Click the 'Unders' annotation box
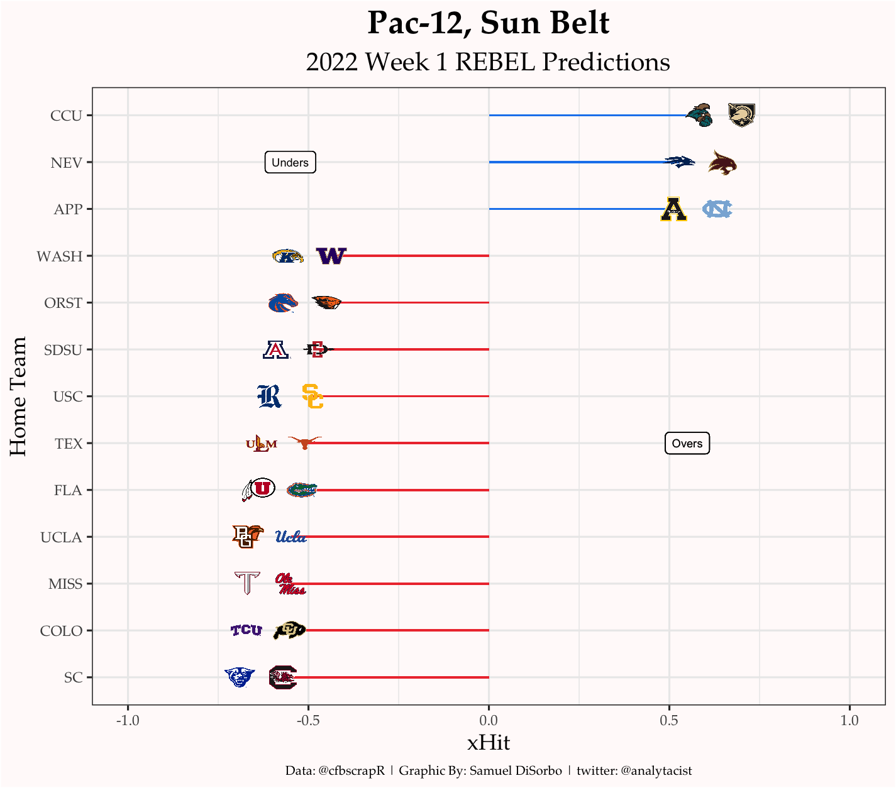coord(290,163)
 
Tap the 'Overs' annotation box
coord(687,444)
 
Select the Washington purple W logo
coord(331,256)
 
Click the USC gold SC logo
coord(312,396)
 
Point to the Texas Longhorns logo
coord(305,442)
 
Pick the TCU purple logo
coord(246,630)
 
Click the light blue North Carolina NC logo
coord(717,209)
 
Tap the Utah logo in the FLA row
coord(258,489)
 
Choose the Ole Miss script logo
coord(290,584)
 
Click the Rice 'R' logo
coord(269,396)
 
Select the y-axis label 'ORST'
coord(63,303)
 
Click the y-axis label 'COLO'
coord(61,631)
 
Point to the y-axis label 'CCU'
coord(66,116)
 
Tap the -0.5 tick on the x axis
coord(308,720)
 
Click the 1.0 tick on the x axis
coord(849,720)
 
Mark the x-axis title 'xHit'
coord(489,743)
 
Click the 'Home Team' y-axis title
coord(18,397)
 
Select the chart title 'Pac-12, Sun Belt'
coord(488,24)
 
